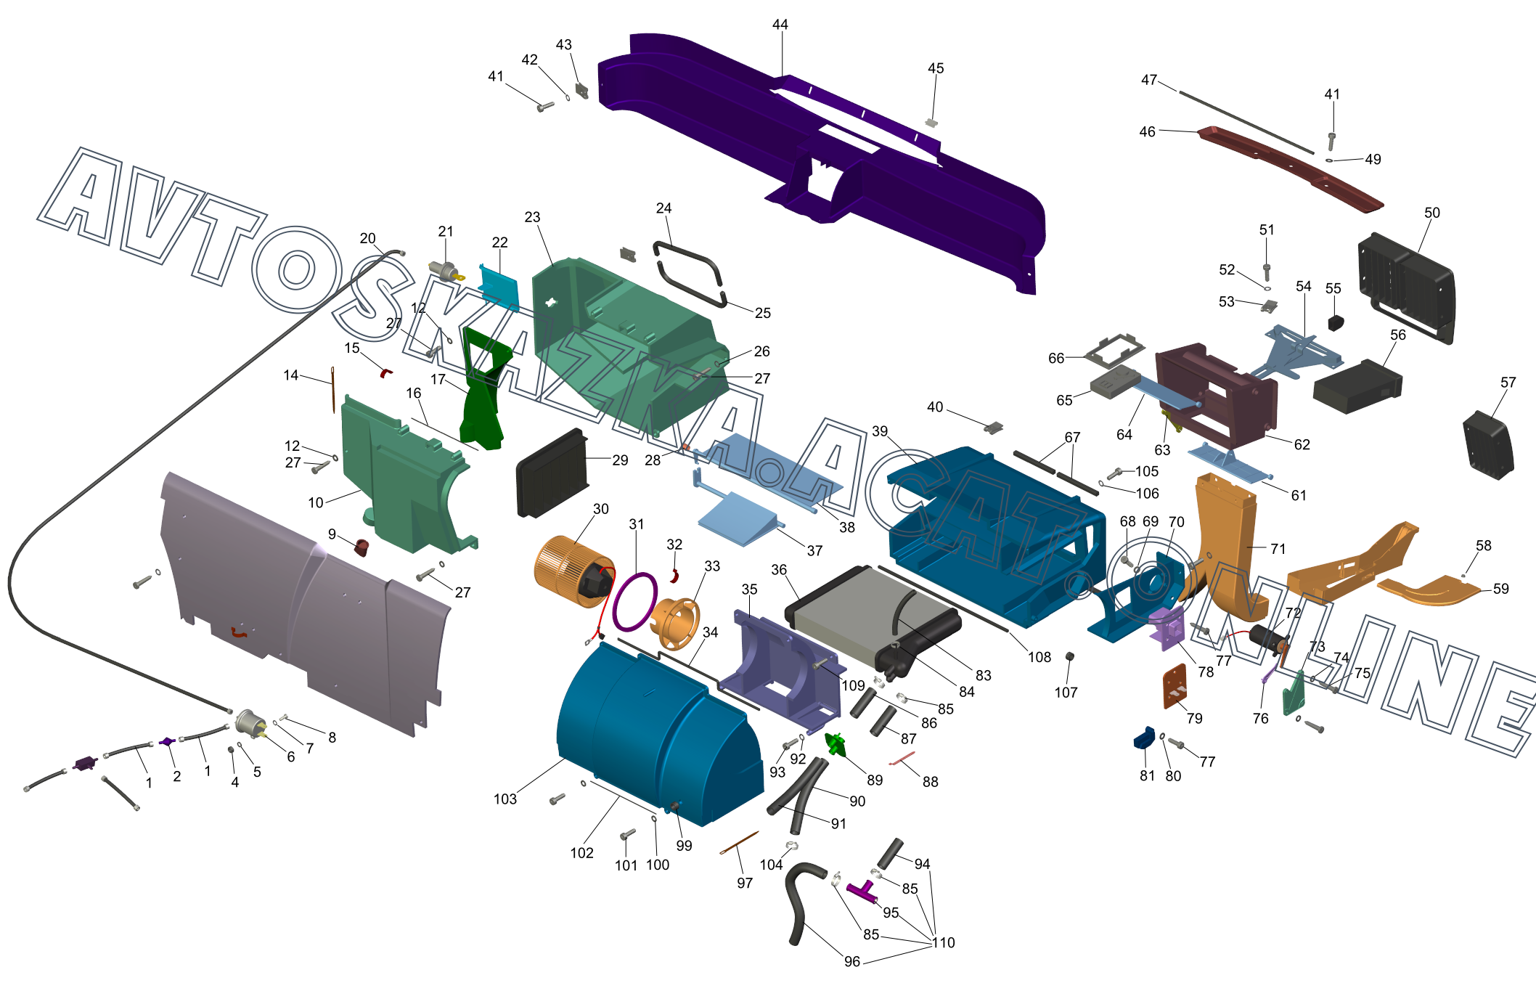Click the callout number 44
click(x=780, y=25)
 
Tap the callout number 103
click(x=505, y=799)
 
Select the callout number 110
click(x=944, y=942)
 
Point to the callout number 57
click(x=1508, y=383)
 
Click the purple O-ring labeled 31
click(x=634, y=602)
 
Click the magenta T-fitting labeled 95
click(x=862, y=891)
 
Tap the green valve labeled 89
click(x=836, y=744)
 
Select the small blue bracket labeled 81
click(x=1144, y=738)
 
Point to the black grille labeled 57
click(x=1489, y=445)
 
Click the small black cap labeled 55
click(x=1336, y=322)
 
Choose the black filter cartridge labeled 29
click(x=552, y=473)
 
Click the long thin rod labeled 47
click(x=1246, y=123)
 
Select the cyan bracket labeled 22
click(x=499, y=287)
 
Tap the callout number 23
click(x=532, y=218)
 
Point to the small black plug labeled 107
click(x=1069, y=656)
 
